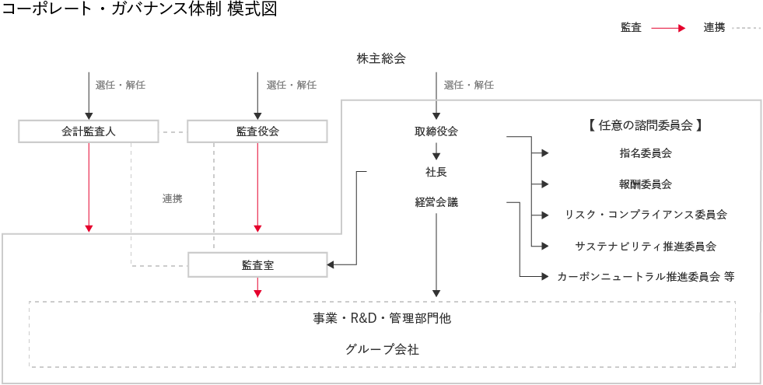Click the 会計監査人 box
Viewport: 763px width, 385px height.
tap(89, 131)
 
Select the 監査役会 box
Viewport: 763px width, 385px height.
tap(257, 131)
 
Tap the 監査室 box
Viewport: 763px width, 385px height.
tap(257, 265)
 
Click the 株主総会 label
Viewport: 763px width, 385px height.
tap(381, 58)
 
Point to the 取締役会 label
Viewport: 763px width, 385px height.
tap(436, 131)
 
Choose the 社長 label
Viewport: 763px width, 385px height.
tap(436, 171)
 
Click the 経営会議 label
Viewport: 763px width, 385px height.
tap(436, 202)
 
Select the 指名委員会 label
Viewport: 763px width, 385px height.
tap(646, 153)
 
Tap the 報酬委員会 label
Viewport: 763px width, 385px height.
tap(646, 184)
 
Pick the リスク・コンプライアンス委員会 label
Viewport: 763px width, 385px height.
tap(646, 215)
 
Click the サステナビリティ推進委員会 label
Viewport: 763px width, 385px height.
tap(646, 246)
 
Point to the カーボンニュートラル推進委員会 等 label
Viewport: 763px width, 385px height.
tap(646, 276)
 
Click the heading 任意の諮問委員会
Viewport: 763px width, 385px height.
tap(646, 124)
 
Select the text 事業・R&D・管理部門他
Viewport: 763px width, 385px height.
tap(382, 318)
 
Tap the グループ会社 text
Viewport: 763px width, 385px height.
tap(382, 349)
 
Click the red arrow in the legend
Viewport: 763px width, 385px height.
tap(667, 28)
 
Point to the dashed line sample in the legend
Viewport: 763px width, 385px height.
tap(745, 28)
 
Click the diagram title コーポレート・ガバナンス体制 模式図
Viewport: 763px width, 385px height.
tap(139, 9)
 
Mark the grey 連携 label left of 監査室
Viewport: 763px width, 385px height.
tap(172, 199)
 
